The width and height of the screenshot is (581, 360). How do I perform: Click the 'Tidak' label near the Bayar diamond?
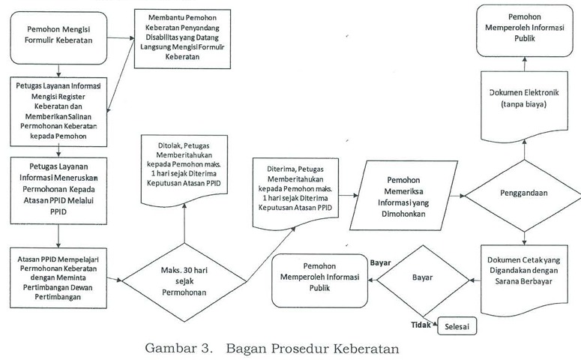click(422, 324)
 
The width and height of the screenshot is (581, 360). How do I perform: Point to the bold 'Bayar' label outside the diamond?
click(382, 263)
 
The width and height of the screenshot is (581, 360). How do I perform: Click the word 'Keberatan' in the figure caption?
click(361, 348)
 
